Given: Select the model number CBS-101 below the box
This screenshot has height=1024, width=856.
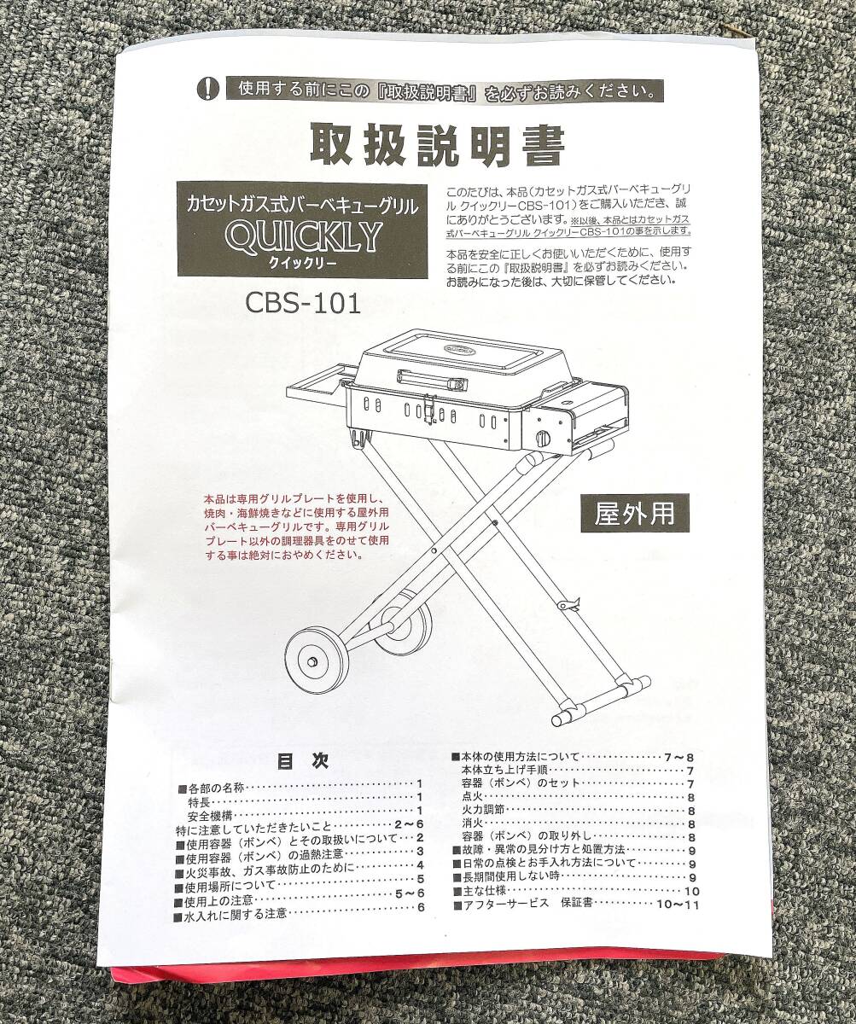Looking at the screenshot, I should [x=303, y=304].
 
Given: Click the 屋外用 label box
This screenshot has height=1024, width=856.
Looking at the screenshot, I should [x=634, y=512].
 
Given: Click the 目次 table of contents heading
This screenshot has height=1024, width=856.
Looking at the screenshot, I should [x=302, y=760].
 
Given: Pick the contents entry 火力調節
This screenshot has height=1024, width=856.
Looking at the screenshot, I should [x=482, y=810].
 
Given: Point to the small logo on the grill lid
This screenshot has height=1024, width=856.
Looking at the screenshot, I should [x=460, y=348].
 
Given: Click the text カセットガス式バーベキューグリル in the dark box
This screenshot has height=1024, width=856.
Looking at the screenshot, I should [x=303, y=205].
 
